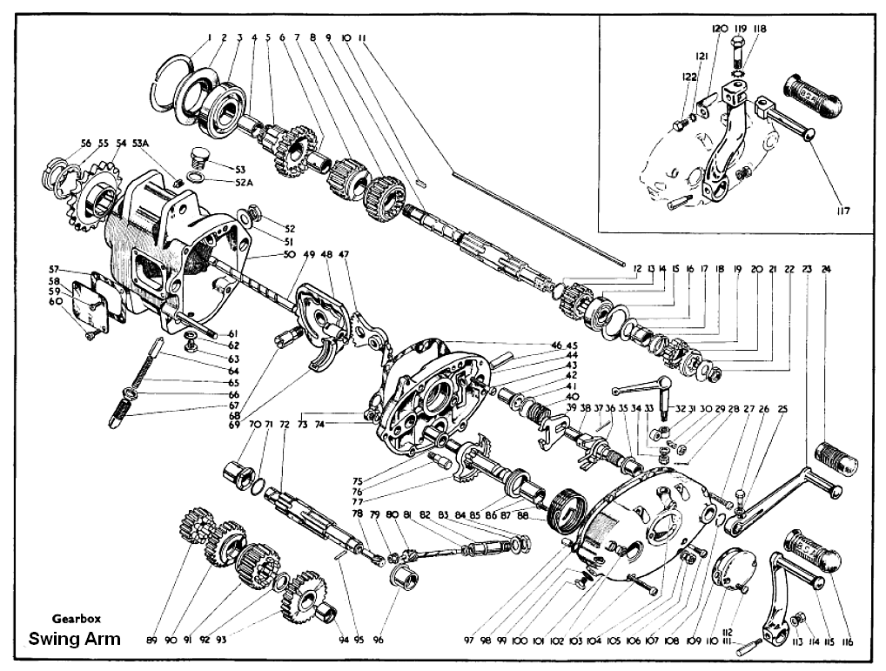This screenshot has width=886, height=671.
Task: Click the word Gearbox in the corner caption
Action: click(x=77, y=619)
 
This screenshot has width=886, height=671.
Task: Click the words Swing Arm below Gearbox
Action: click(x=75, y=639)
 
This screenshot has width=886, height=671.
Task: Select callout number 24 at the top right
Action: click(x=825, y=270)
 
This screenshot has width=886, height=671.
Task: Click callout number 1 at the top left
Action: click(x=209, y=37)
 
